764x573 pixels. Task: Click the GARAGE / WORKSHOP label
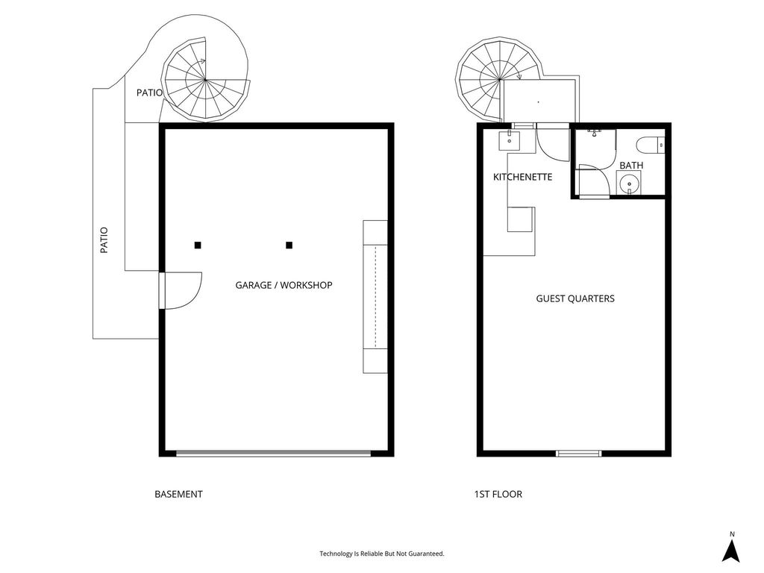point(284,285)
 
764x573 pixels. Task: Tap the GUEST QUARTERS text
point(575,298)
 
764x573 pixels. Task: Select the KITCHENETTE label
point(522,177)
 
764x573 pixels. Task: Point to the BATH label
point(631,166)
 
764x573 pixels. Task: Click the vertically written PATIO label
point(104,240)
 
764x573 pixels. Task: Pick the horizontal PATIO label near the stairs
point(149,93)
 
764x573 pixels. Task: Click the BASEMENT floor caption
point(178,494)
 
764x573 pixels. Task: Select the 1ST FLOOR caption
point(498,494)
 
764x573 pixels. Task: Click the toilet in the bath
point(650,145)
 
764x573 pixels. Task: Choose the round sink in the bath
point(629,184)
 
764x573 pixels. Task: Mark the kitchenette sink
point(510,141)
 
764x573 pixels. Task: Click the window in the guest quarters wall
point(579,454)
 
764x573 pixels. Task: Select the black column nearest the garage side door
point(198,245)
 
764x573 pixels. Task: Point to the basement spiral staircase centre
point(205,80)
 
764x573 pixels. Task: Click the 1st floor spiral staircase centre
point(500,79)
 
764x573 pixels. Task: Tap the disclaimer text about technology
point(382,554)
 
